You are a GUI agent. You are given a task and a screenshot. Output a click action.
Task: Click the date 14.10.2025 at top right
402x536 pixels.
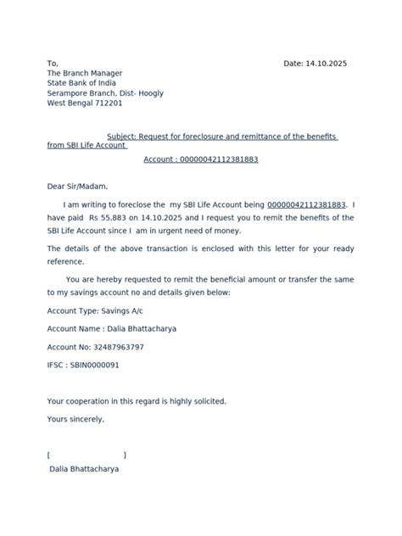(327, 64)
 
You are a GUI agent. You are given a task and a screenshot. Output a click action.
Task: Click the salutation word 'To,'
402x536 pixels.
(53, 64)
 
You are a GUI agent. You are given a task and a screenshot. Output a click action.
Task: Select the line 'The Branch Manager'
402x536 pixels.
(84, 74)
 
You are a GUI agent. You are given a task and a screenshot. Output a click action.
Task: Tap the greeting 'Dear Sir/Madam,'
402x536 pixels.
(77, 187)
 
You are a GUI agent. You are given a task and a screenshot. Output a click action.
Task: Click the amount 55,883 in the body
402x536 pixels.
(120, 218)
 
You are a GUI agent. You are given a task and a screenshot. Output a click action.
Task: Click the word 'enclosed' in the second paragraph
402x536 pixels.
(223, 248)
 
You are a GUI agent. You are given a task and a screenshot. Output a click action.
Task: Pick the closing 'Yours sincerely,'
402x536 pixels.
(76, 419)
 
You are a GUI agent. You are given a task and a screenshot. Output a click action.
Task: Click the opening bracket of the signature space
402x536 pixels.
(49, 455)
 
